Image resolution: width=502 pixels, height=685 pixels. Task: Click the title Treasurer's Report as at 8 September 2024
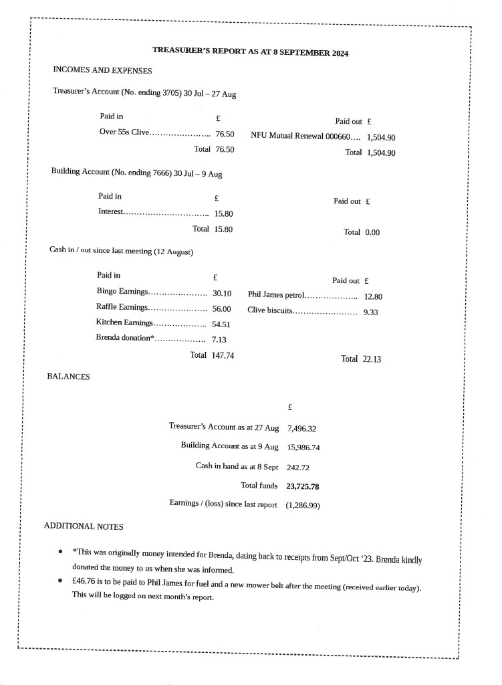click(x=250, y=52)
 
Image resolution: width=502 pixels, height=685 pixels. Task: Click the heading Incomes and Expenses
click(x=102, y=70)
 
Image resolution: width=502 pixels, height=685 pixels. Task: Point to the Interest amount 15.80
click(x=223, y=214)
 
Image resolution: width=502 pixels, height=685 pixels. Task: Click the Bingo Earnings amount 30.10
click(x=222, y=293)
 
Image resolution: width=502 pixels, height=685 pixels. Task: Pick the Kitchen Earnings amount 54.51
click(x=221, y=324)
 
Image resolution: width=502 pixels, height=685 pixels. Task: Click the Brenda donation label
click(x=126, y=338)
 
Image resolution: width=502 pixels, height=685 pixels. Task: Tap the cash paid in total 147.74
click(x=223, y=356)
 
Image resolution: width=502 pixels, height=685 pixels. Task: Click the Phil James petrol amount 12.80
click(x=373, y=296)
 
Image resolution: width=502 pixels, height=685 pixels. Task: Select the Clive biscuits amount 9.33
click(x=371, y=312)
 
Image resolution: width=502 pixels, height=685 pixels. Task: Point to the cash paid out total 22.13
click(x=371, y=359)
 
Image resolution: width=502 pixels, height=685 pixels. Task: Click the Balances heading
click(x=68, y=377)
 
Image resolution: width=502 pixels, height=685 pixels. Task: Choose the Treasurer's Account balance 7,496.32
click(x=301, y=429)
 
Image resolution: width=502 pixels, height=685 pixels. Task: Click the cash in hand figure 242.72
click(x=298, y=467)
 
